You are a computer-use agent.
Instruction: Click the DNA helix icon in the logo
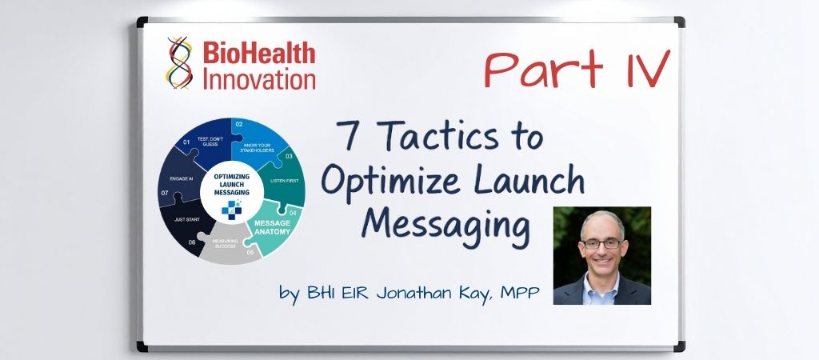181,62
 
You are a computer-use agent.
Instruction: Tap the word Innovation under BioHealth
259,79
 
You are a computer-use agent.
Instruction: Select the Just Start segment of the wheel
187,224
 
